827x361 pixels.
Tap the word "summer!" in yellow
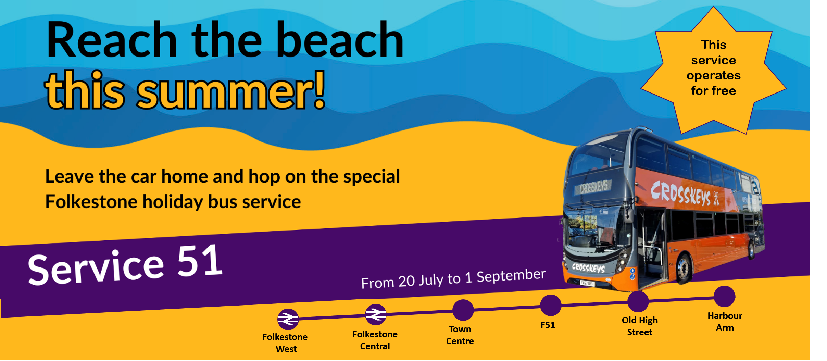click(x=231, y=90)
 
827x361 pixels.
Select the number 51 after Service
click(x=200, y=261)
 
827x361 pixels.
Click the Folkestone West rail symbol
click(x=288, y=319)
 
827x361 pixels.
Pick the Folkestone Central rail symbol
click(x=376, y=314)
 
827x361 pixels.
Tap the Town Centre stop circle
click(x=463, y=310)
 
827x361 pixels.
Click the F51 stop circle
click(x=551, y=305)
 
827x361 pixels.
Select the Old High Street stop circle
click(x=638, y=301)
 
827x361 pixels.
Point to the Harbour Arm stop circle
click(x=725, y=296)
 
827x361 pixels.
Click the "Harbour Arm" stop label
click(x=725, y=322)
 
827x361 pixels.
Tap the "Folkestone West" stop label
click(x=285, y=343)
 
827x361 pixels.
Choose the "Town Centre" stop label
click(x=460, y=335)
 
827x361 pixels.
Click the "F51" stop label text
click(x=548, y=325)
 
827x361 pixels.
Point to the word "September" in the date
click(x=511, y=276)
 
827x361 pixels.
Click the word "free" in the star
click(x=722, y=90)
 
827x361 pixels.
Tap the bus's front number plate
click(x=587, y=283)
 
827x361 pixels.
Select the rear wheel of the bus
click(x=752, y=249)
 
